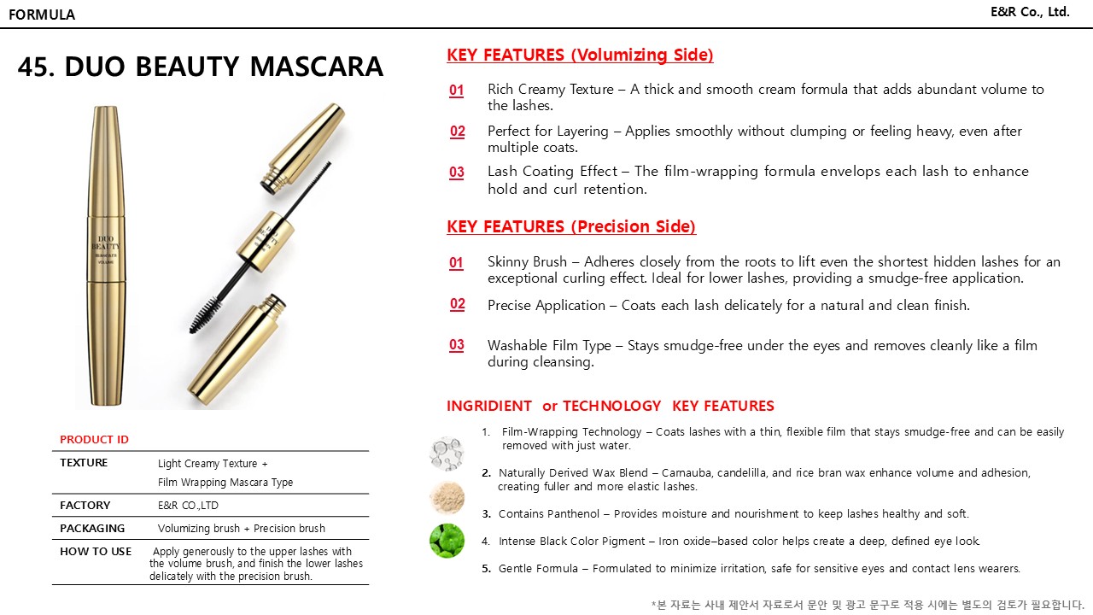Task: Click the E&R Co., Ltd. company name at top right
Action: tap(1030, 12)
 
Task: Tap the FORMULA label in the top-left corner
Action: tap(42, 15)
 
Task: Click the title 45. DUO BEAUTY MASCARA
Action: tap(201, 67)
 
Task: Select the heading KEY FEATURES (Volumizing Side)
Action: tap(580, 56)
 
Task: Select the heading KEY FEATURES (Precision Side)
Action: tap(571, 226)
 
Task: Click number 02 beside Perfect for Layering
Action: tap(458, 132)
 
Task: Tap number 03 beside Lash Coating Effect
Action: tap(457, 173)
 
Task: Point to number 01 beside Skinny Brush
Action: tap(457, 263)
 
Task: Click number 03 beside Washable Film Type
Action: tap(457, 345)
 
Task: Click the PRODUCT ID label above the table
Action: tap(94, 440)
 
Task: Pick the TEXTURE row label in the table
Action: tap(84, 463)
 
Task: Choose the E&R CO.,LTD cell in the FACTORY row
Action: tap(188, 506)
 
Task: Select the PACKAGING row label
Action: tap(92, 529)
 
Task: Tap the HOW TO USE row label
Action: tap(96, 552)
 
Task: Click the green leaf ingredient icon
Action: tap(447, 541)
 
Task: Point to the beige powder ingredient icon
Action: tap(447, 496)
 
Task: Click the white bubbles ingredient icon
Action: tap(447, 452)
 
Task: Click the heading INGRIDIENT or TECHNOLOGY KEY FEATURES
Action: tap(610, 407)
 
